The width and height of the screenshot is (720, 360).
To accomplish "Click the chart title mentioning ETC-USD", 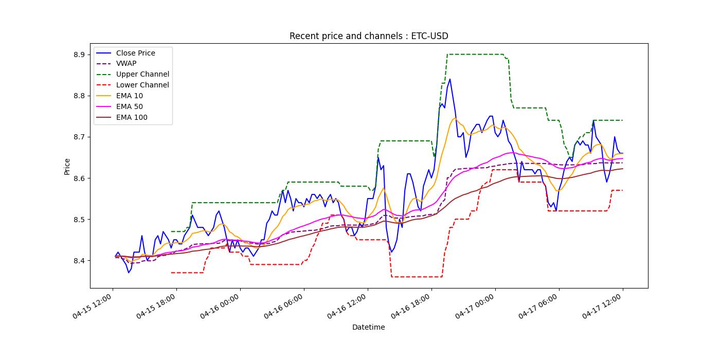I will click(368, 36).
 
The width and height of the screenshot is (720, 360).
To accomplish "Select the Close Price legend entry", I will click(135, 53).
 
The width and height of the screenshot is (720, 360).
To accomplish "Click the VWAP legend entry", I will click(126, 64).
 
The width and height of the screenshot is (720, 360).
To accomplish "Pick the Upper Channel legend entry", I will click(142, 75).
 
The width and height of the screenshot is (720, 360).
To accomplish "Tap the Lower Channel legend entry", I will click(142, 85).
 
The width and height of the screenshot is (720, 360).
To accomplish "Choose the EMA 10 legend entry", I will click(129, 96).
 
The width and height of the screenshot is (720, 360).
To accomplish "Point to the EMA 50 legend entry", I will click(129, 107).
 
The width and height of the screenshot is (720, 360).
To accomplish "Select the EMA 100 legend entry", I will click(131, 118).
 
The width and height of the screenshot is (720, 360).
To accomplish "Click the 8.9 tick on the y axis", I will click(80, 55).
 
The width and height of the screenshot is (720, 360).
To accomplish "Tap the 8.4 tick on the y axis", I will click(80, 261).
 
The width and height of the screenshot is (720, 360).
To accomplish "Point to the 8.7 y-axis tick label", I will click(80, 137).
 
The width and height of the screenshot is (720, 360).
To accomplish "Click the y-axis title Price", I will click(67, 166).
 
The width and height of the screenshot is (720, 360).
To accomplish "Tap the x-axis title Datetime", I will click(368, 327).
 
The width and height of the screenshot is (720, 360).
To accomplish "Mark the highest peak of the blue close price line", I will click(450, 79).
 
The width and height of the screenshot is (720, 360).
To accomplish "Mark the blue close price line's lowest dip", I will click(129, 272).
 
